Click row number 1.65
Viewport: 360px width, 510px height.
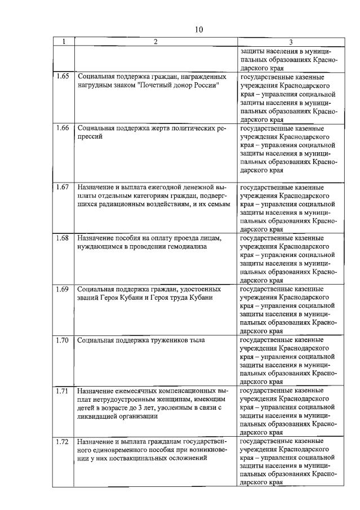[x=63, y=75]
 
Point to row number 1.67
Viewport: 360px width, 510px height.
[x=63, y=187]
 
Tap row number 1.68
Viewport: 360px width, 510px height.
[x=63, y=237]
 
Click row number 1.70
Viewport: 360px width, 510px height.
[x=63, y=340]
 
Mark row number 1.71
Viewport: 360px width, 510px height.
[x=63, y=391]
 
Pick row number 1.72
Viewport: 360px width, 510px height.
[x=63, y=441]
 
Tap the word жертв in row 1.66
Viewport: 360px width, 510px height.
[x=153, y=128]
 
